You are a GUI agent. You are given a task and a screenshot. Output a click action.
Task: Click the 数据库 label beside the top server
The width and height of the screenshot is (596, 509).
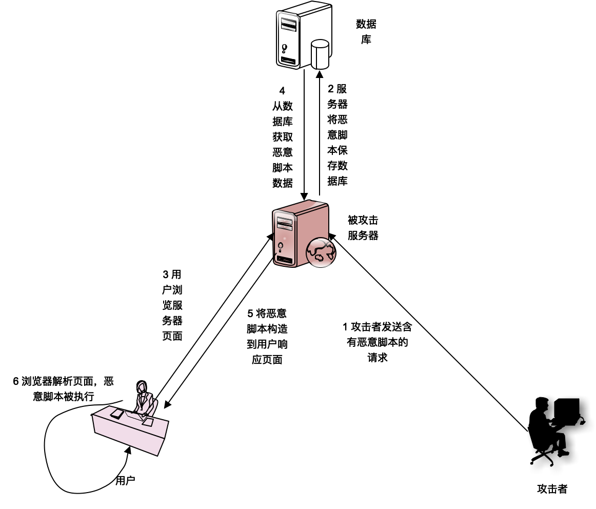pos(366,31)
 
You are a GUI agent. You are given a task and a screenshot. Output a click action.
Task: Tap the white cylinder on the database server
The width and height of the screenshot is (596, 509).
pos(320,54)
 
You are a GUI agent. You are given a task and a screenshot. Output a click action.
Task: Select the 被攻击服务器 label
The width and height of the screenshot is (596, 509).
pos(363,228)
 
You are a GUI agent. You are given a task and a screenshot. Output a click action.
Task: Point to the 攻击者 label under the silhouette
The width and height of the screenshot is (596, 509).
pos(552,488)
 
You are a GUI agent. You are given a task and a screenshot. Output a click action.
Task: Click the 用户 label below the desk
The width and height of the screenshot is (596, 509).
pos(125,481)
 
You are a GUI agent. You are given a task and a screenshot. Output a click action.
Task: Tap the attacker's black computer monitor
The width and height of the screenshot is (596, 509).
pos(566,411)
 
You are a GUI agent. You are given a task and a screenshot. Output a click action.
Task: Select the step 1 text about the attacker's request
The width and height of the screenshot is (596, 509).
pos(377,342)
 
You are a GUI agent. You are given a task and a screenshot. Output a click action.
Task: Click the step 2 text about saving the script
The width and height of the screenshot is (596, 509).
pos(337,134)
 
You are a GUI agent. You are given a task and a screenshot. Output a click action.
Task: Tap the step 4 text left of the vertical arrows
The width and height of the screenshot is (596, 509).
pos(283,137)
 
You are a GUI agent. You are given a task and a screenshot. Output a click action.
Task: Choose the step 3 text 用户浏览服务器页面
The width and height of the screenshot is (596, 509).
pos(172,305)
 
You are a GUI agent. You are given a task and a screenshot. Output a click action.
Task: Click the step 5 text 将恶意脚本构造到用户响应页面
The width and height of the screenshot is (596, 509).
pos(267,336)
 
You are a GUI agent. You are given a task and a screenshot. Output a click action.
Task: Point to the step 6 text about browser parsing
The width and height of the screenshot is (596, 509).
pos(64,388)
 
